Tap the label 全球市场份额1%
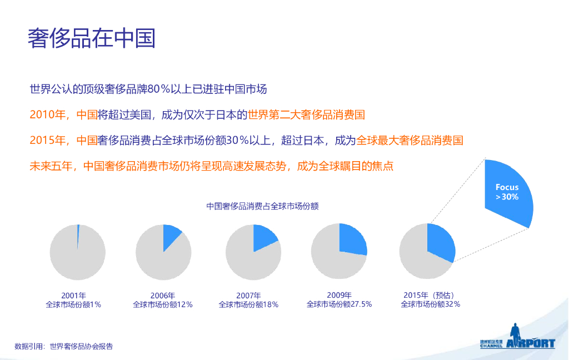tap(73, 304)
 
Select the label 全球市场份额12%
tap(162, 304)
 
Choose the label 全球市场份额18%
tap(248, 304)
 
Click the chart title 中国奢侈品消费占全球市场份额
tap(262, 206)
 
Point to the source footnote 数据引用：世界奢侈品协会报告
tap(64, 346)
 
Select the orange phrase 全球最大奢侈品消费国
tap(410, 141)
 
